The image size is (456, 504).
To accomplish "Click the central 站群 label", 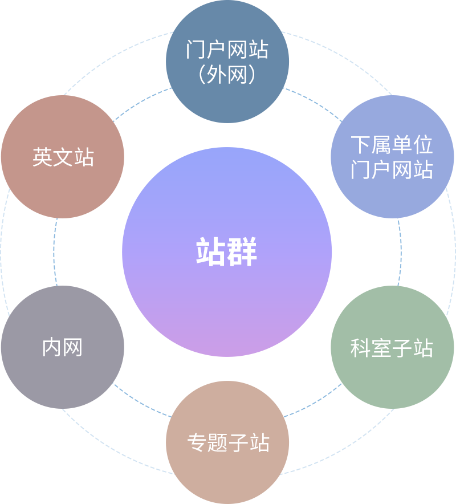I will point(227,252).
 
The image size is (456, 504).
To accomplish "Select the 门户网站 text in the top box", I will point(227,50).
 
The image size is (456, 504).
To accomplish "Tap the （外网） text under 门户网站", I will point(227,75).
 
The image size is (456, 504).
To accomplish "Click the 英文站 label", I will point(63,157).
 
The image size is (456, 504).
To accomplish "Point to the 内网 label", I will point(63,347).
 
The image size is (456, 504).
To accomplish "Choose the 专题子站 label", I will point(228,443).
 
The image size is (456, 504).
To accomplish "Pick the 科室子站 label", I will point(392,348).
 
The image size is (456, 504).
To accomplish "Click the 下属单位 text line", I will point(392,145).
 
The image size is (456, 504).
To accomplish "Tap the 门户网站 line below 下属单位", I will point(392,170).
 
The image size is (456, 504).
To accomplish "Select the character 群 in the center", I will point(242,252).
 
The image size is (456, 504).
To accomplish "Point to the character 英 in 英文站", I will point(43,157).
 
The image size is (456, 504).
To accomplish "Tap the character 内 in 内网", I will point(52,347).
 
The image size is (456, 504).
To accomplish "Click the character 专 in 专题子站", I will point(197,443).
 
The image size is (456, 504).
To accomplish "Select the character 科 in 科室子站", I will point(361,348).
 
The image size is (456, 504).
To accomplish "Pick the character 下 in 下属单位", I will point(361,145).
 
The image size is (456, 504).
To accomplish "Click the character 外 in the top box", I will point(218,75).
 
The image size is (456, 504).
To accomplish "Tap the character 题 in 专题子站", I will point(218,443).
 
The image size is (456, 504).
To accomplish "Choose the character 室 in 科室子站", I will point(381,348).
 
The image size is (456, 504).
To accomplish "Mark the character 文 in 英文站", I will point(63,157).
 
